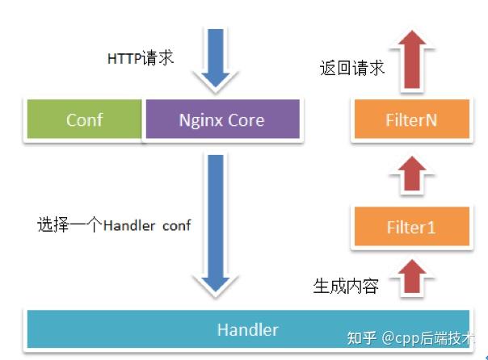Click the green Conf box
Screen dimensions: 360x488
[84, 121]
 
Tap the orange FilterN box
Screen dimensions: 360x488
[410, 121]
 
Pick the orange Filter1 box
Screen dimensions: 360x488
[410, 227]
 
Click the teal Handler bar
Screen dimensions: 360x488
[247, 329]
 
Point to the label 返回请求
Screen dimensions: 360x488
[351, 68]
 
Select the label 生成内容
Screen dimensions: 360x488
[345, 286]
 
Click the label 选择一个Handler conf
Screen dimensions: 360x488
[114, 225]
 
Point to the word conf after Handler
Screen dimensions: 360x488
[176, 225]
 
